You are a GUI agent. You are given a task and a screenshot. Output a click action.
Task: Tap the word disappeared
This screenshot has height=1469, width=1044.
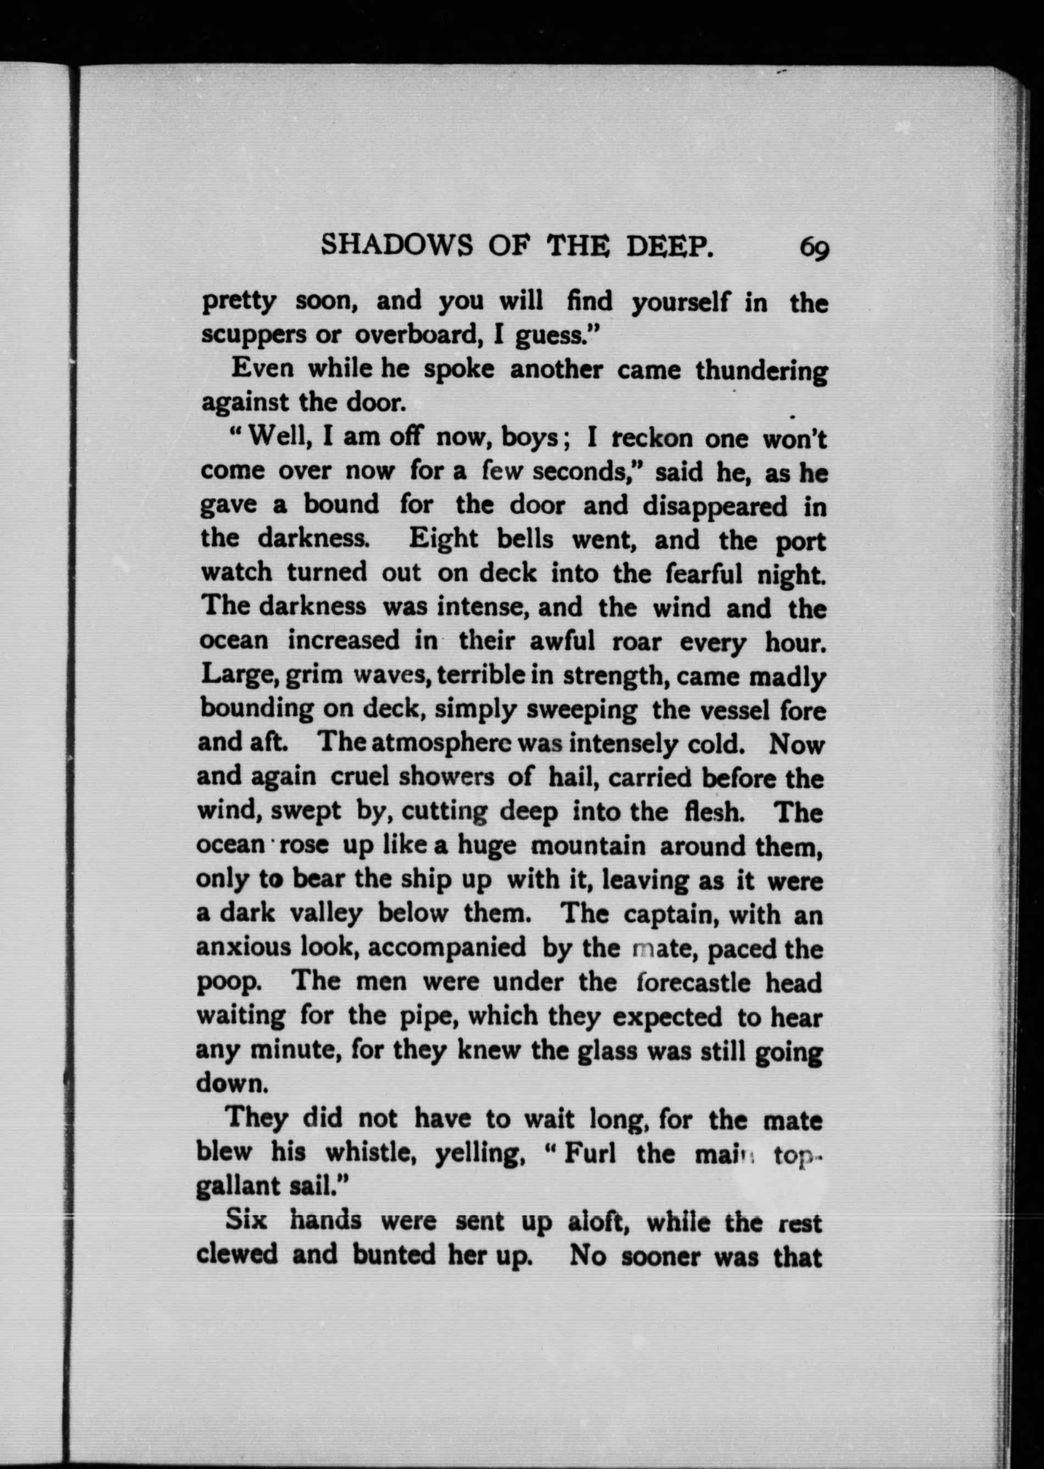[714, 506]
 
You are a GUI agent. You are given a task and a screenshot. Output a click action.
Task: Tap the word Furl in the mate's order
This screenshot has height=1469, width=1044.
[589, 1153]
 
